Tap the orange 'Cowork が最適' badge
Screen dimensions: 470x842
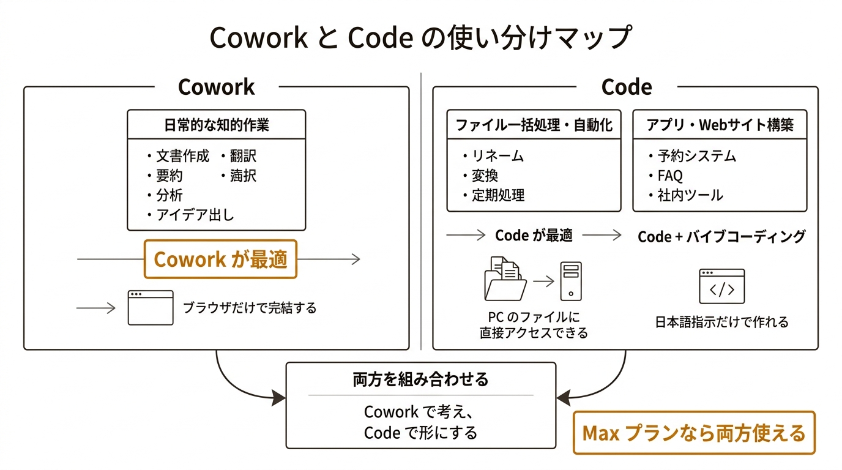(x=220, y=259)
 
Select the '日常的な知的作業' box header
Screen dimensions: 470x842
(x=216, y=125)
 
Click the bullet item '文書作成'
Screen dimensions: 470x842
(x=182, y=156)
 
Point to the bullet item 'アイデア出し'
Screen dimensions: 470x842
(x=195, y=215)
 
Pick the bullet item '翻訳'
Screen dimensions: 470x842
(x=242, y=156)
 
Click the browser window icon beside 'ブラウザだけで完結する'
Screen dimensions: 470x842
(x=151, y=308)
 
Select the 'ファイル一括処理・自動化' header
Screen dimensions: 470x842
(x=534, y=125)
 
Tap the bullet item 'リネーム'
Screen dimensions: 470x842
(x=497, y=156)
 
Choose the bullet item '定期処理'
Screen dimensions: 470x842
(x=497, y=195)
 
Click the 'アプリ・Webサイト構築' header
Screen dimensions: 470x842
(x=720, y=125)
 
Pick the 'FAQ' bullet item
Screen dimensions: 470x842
(x=669, y=176)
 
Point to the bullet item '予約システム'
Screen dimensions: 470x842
(x=696, y=156)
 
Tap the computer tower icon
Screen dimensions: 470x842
(x=571, y=281)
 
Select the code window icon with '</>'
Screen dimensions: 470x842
(x=722, y=286)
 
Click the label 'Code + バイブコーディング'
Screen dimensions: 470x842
(x=721, y=237)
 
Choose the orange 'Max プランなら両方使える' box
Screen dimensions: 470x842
(x=694, y=433)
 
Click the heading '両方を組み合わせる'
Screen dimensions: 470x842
(x=421, y=380)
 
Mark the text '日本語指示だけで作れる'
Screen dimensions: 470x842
(x=722, y=321)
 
